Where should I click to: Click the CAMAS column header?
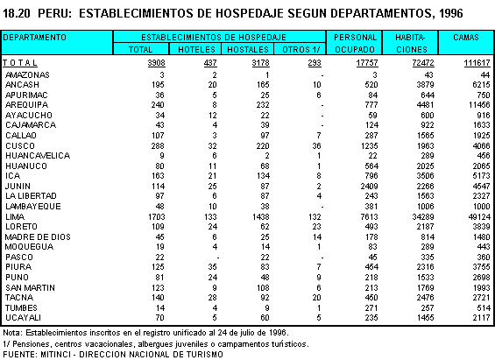point(465,38)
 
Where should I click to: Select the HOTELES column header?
point(196,50)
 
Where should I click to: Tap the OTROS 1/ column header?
point(301,50)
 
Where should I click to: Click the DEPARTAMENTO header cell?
point(34,38)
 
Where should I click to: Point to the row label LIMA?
point(15,216)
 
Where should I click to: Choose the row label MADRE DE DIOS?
point(38,237)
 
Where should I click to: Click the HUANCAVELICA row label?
point(38,156)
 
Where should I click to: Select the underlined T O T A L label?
point(20,63)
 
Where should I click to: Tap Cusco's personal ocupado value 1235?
point(369,145)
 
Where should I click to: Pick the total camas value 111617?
point(477,63)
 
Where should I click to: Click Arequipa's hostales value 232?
point(263,105)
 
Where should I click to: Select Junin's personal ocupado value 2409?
point(369,187)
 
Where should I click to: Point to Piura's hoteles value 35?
point(212,267)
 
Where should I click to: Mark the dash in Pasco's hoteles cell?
point(217,258)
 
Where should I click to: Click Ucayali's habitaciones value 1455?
point(425,317)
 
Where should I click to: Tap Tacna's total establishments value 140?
point(158,298)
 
